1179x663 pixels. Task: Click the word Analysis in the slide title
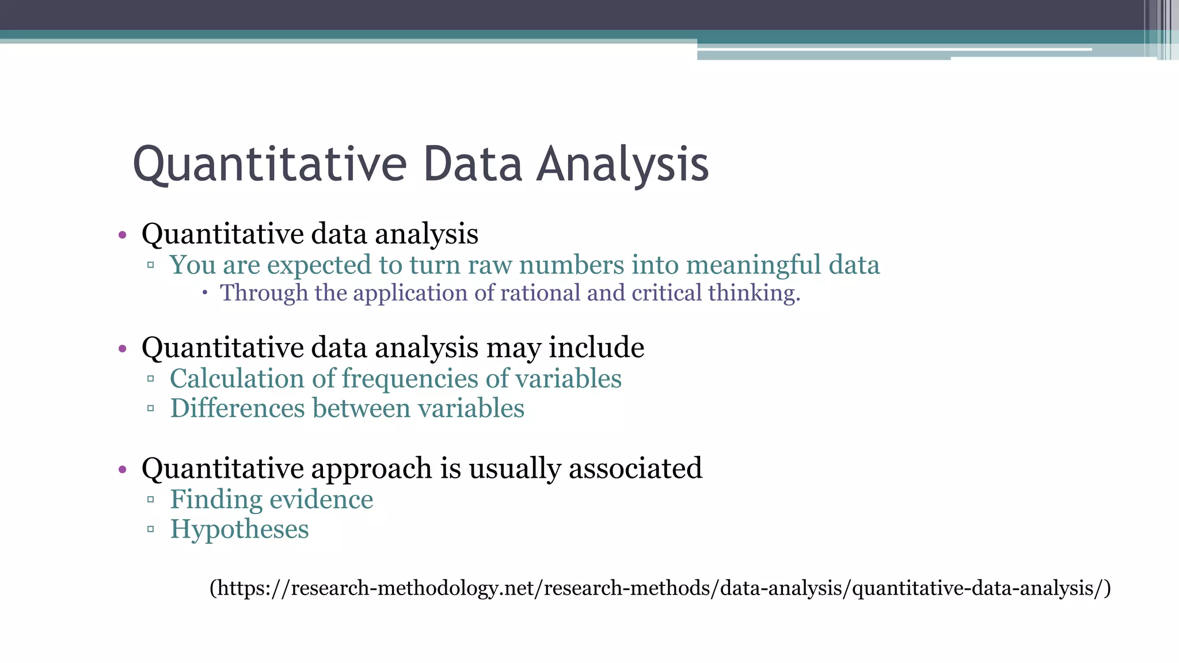pyautogui.click(x=622, y=165)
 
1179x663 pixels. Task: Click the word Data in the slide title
pyautogui.click(x=472, y=165)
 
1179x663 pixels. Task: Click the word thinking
pyautogui.click(x=754, y=294)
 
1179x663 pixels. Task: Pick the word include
pyautogui.click(x=596, y=348)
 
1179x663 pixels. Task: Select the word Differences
pyautogui.click(x=237, y=409)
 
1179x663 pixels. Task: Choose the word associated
pyautogui.click(x=635, y=468)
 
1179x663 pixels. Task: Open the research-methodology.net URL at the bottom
pyautogui.click(x=660, y=588)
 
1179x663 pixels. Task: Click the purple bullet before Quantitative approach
pyautogui.click(x=122, y=470)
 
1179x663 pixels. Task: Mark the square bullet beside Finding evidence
pyautogui.click(x=150, y=500)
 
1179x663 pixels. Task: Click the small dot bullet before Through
pyautogui.click(x=205, y=293)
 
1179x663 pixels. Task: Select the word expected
pyautogui.click(x=319, y=266)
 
